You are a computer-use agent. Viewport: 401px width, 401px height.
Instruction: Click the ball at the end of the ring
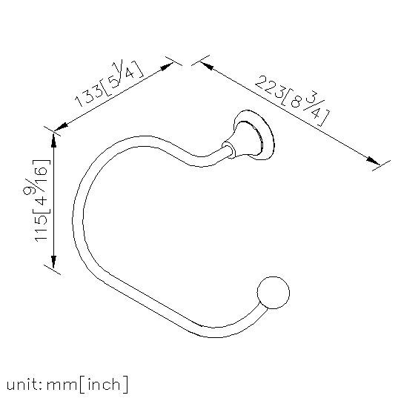[273, 293]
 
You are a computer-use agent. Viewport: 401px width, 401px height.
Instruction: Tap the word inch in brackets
[104, 385]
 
